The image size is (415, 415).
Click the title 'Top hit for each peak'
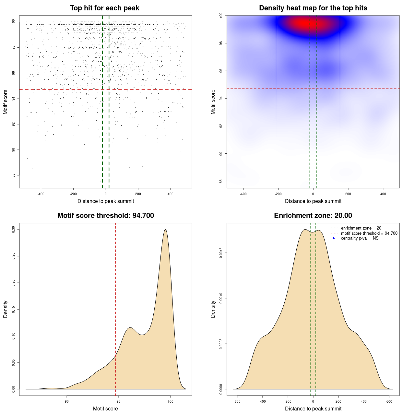click(105, 8)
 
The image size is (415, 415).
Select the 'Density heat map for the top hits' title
click(313, 8)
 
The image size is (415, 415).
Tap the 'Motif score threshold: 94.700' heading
click(105, 216)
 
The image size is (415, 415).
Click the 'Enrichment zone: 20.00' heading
click(313, 216)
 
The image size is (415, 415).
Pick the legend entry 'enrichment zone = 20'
click(361, 228)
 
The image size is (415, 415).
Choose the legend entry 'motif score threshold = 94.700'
click(369, 233)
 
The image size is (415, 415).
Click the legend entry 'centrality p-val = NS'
click(360, 238)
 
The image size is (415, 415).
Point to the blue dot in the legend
click(334, 238)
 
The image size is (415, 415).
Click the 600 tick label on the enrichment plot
click(389, 401)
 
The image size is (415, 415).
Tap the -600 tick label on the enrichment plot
click(237, 401)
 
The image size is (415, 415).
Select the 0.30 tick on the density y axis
click(13, 230)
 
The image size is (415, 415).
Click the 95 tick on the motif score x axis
click(119, 401)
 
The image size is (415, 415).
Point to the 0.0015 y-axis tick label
click(221, 253)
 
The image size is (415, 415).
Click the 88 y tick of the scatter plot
click(13, 175)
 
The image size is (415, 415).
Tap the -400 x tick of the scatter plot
click(41, 194)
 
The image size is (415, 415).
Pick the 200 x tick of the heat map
click(348, 194)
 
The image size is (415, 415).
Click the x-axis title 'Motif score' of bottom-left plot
click(105, 409)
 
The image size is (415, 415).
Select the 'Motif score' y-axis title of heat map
click(213, 102)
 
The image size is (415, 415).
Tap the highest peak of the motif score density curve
click(165, 230)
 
